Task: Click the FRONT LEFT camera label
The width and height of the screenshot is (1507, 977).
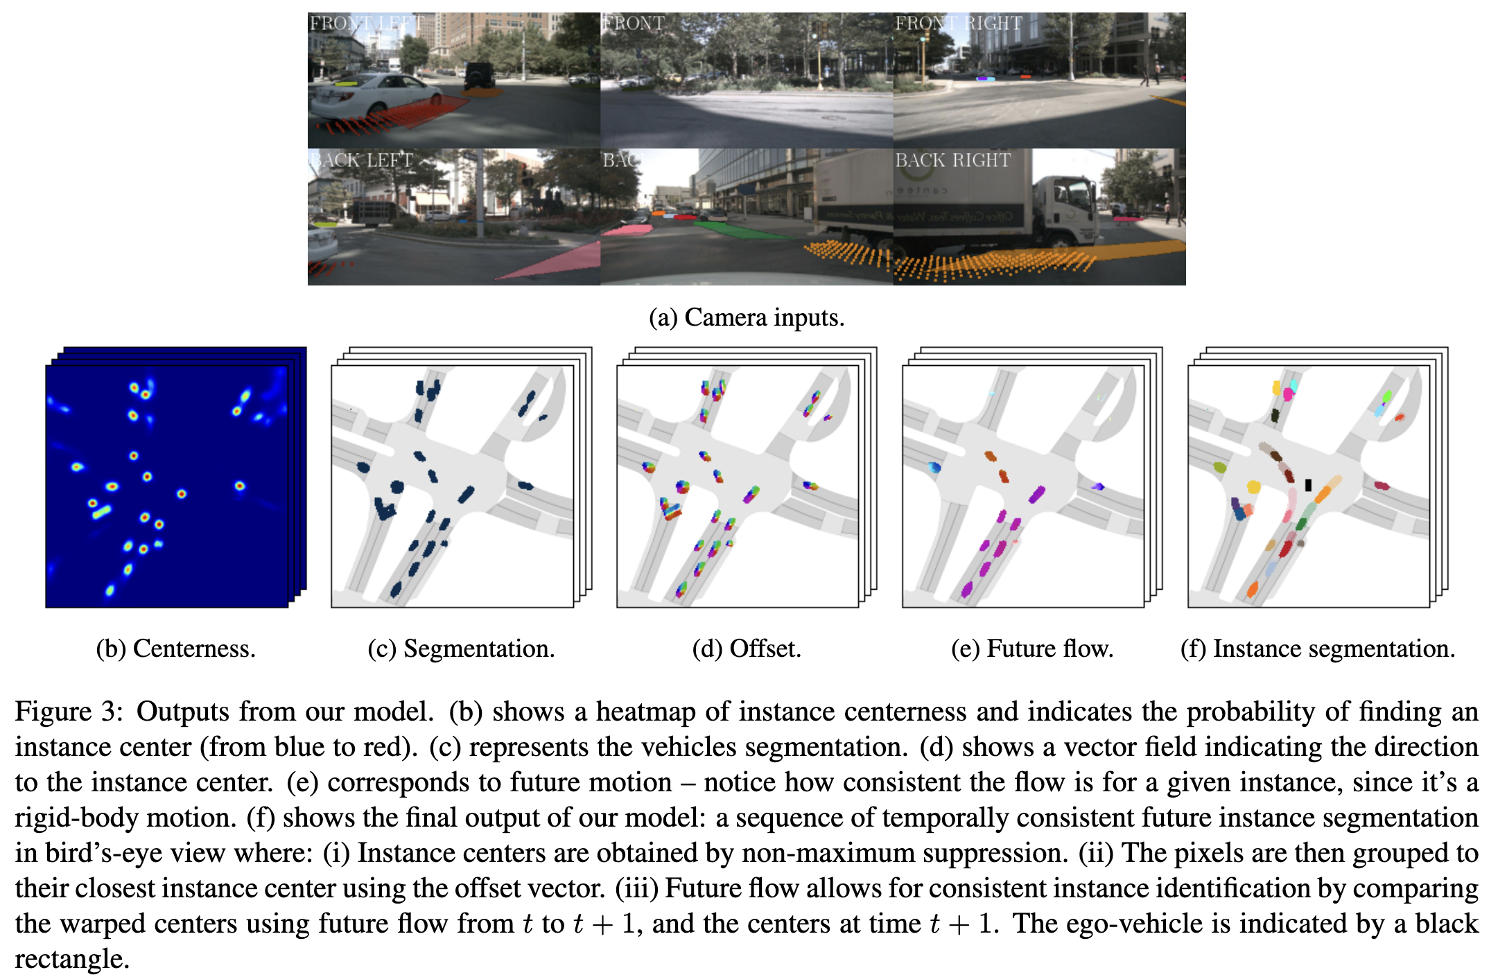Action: (x=366, y=24)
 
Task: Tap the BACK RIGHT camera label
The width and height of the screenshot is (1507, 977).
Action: (x=952, y=160)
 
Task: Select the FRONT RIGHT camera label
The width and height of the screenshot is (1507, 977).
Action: (x=958, y=24)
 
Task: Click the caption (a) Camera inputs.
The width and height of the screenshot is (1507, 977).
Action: (x=747, y=317)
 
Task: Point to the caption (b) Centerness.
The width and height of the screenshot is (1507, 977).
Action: (x=175, y=649)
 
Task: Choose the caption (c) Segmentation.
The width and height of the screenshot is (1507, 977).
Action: (x=461, y=649)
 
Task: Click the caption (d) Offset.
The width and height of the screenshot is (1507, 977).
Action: (x=747, y=649)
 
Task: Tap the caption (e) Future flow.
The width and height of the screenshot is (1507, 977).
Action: (x=1032, y=649)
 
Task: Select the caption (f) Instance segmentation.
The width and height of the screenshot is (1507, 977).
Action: (x=1318, y=649)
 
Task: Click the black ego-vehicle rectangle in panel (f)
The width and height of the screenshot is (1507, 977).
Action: (x=1308, y=485)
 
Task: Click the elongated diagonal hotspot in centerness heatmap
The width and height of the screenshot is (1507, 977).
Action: (x=102, y=513)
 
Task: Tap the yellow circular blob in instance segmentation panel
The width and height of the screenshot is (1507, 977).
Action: (x=1253, y=487)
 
